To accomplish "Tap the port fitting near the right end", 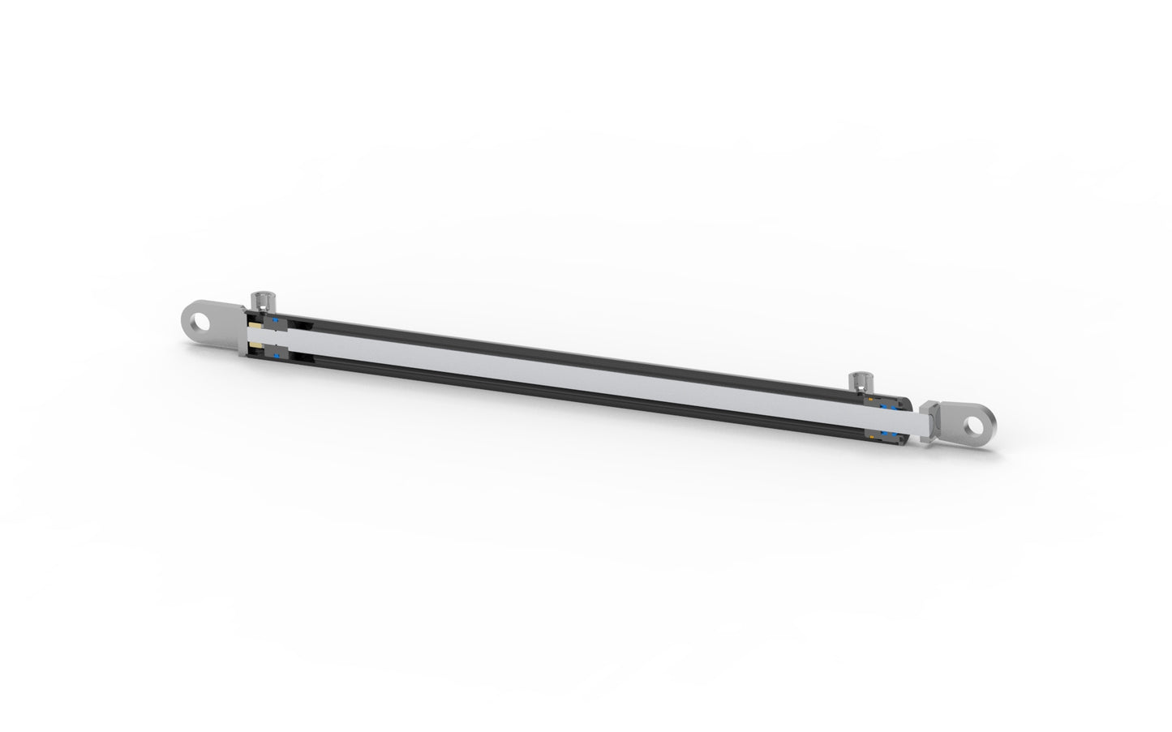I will click(861, 382).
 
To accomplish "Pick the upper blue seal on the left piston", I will click(275, 320).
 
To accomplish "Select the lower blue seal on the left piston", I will click(277, 356).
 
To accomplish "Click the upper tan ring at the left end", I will click(255, 325).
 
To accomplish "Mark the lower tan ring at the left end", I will click(255, 345).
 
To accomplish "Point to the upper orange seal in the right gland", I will click(870, 399).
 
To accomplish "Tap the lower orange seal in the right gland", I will click(872, 437).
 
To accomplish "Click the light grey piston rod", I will click(568, 373).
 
